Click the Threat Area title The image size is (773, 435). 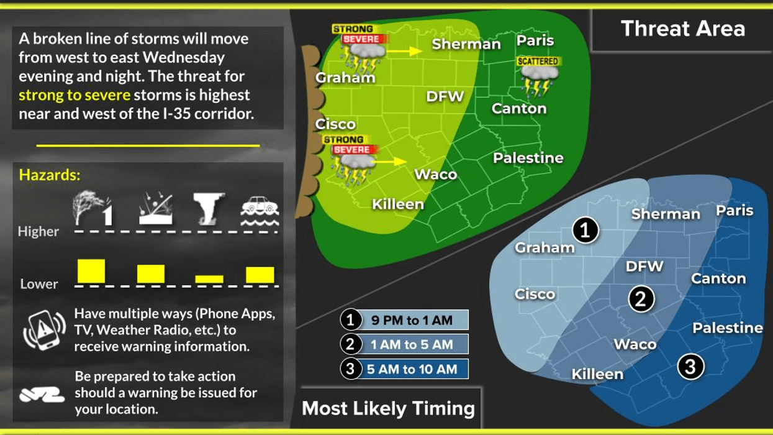[x=682, y=29]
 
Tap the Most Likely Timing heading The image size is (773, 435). [x=388, y=408]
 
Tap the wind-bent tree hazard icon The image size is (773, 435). [x=91, y=208]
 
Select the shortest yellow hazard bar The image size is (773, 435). [x=209, y=279]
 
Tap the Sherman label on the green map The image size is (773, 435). [x=466, y=44]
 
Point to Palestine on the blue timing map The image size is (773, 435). [x=728, y=327]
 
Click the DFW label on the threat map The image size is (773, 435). [x=445, y=96]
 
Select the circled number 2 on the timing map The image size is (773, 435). [x=641, y=299]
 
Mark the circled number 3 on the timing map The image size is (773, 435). [x=690, y=367]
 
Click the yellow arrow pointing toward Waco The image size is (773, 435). [x=391, y=162]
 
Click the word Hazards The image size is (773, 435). [x=50, y=175]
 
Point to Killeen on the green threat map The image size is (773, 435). [x=397, y=204]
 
